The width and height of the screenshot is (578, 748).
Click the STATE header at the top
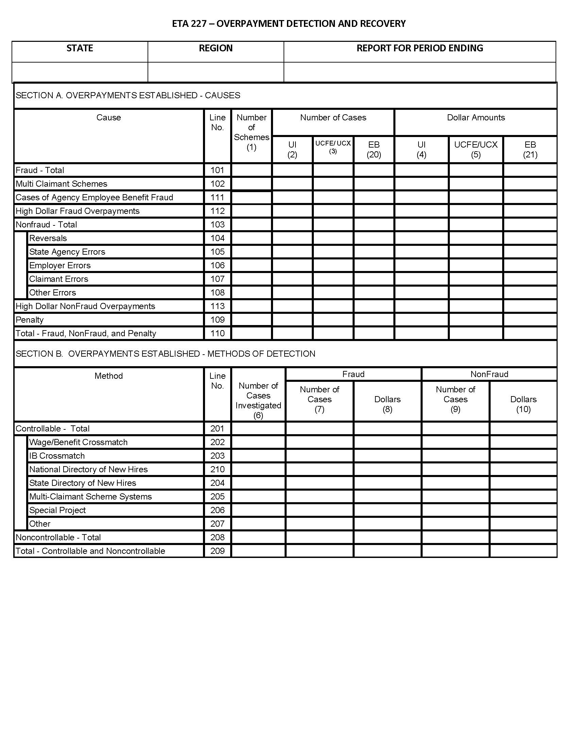80,48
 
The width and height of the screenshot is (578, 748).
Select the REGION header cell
216,48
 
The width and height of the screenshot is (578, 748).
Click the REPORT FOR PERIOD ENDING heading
420,48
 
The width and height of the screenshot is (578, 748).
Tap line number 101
218,170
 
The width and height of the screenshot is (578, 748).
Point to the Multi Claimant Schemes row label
62,184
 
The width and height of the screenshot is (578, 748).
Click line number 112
218,211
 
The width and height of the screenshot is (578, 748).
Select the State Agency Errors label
67,252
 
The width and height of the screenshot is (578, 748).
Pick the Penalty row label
30,320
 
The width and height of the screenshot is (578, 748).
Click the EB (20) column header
374,150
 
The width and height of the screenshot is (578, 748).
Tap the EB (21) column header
530,150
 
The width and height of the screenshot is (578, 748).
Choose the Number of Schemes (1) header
252,132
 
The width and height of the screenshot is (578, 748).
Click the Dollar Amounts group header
476,118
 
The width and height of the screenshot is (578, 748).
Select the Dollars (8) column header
387,404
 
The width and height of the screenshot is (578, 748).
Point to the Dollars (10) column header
523,404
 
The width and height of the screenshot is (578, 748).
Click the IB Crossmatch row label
57,456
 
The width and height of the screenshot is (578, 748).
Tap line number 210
218,469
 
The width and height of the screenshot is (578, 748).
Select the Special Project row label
57,510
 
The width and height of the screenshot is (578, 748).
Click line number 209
218,551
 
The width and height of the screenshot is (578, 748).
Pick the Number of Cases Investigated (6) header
258,401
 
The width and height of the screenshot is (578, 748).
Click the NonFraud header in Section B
489,374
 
